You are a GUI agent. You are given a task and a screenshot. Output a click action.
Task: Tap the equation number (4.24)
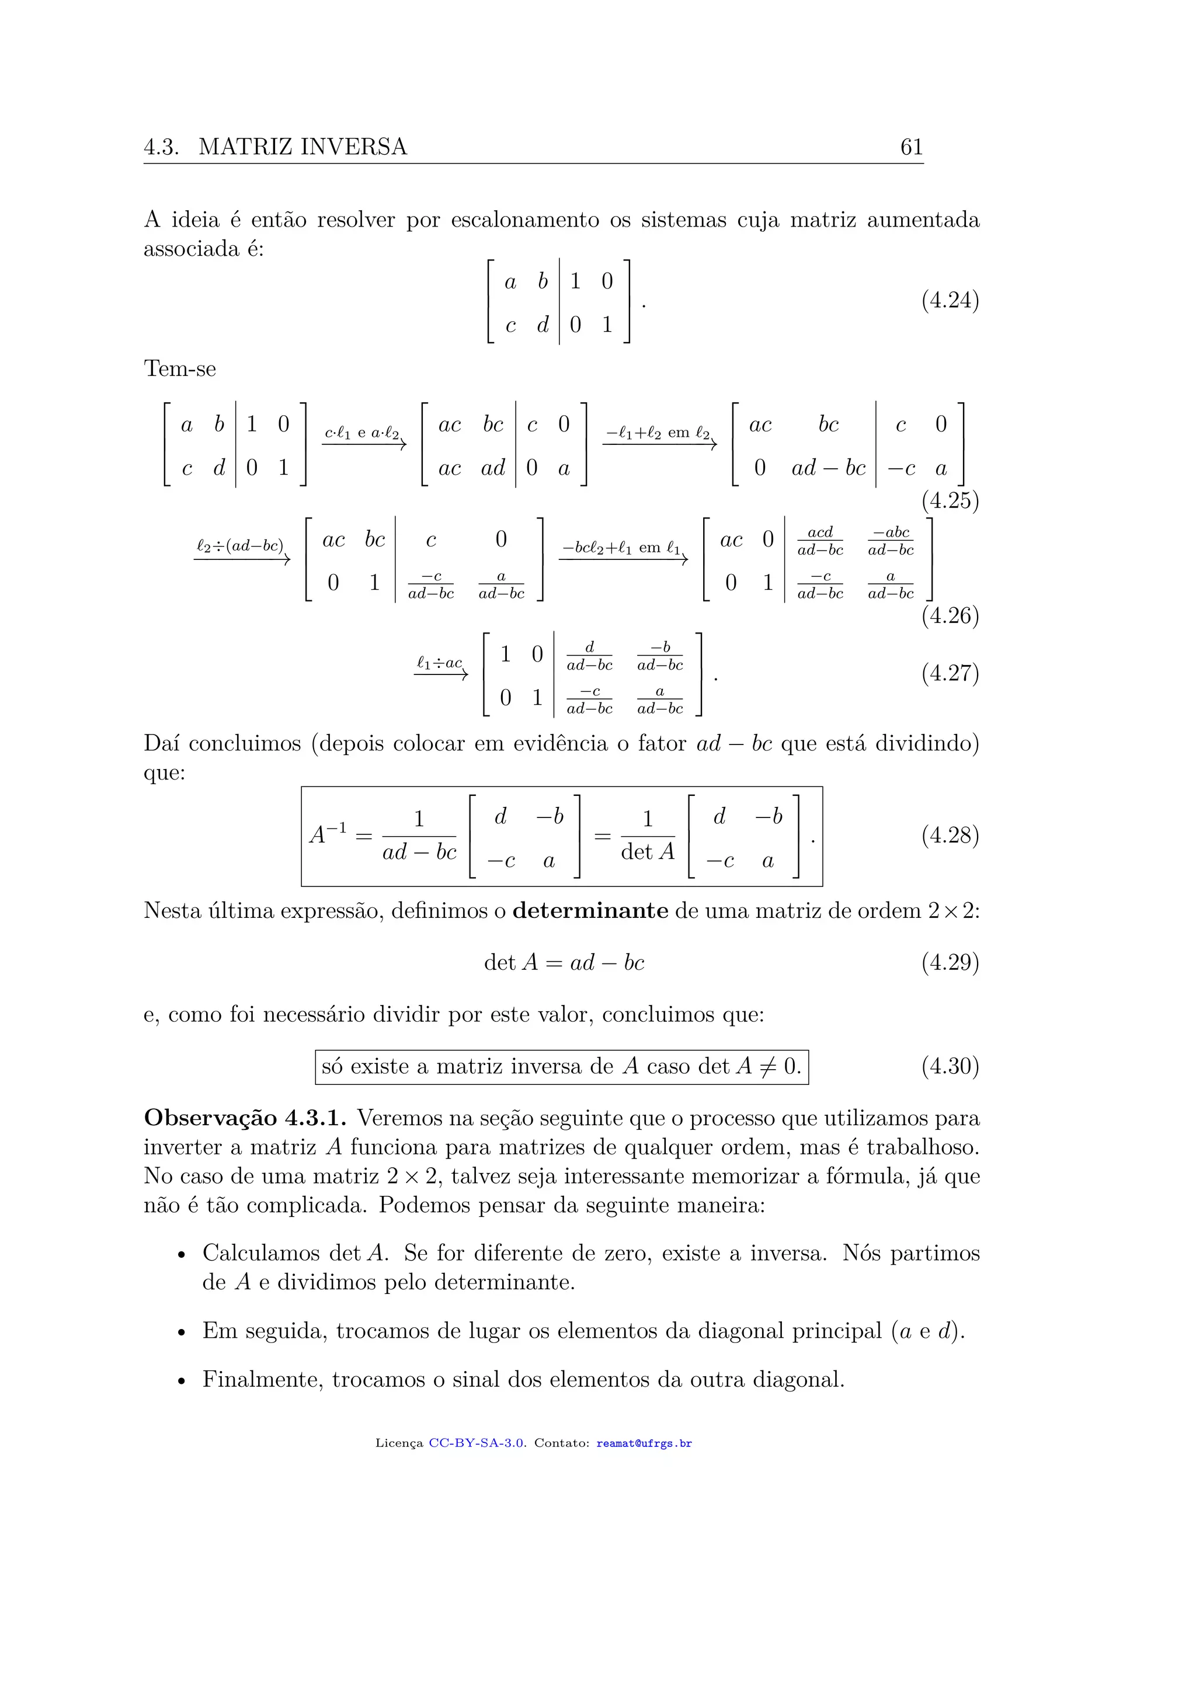(950, 301)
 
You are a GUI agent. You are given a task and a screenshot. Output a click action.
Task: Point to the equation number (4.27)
(950, 673)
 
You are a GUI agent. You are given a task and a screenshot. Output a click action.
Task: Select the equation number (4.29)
(950, 963)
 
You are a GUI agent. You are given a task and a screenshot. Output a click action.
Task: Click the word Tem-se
(180, 369)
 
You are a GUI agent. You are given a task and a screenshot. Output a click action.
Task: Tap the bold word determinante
(590, 911)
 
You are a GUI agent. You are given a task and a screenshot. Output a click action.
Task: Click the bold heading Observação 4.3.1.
(245, 1118)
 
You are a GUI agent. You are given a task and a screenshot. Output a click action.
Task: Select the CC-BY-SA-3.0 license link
(477, 1443)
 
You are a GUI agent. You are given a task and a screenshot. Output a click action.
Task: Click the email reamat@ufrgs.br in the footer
(644, 1443)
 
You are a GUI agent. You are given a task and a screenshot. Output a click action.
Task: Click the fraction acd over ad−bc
(820, 541)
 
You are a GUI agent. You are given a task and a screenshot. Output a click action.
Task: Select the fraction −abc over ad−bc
(891, 541)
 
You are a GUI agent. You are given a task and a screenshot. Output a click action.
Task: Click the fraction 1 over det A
(647, 836)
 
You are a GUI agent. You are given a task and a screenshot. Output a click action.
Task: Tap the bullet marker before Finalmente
(181, 1382)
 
